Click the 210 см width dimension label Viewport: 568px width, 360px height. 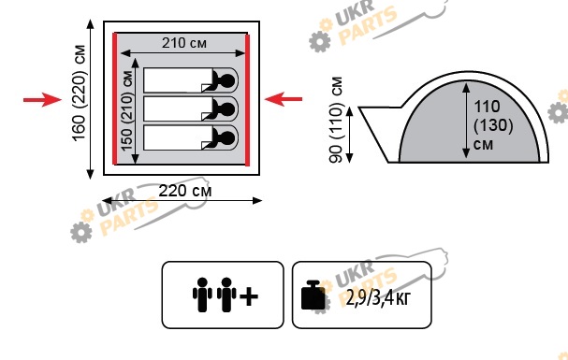tap(184, 43)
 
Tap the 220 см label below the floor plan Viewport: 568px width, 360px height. tap(184, 191)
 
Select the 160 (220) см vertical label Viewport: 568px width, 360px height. tap(79, 93)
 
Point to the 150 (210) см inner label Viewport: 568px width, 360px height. tap(126, 110)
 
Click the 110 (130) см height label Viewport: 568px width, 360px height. tap(493, 124)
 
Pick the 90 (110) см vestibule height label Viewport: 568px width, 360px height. tap(336, 120)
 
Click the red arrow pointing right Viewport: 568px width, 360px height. tap(42, 99)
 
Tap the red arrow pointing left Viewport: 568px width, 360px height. tap(284, 99)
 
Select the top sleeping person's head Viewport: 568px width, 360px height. tap(228, 80)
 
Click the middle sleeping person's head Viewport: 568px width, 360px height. tap(228, 108)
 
